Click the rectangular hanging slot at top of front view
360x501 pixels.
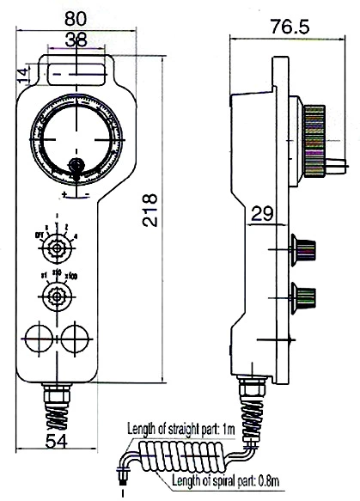[77, 69]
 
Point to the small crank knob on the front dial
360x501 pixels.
[76, 166]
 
